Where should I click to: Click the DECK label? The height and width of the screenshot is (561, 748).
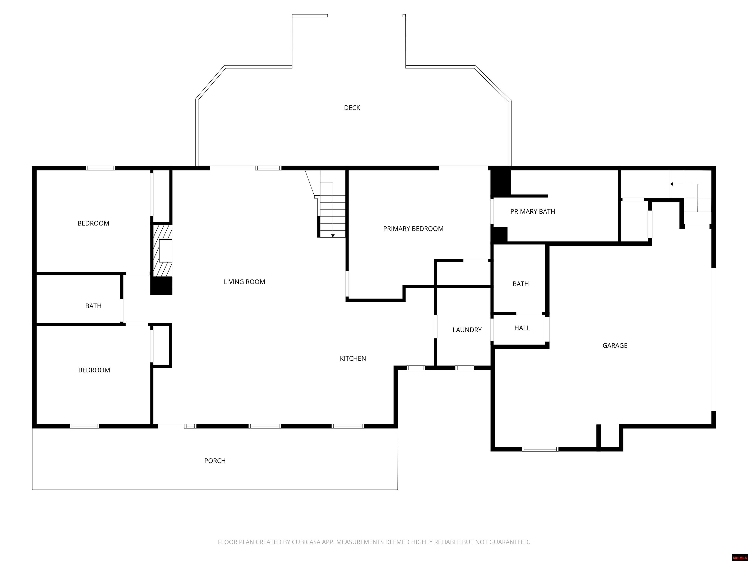352,108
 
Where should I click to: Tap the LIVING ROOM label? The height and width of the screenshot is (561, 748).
244,282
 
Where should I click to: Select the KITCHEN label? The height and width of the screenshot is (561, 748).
353,358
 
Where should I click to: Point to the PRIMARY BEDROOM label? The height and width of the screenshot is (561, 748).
413,229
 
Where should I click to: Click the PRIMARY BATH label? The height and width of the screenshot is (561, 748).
533,211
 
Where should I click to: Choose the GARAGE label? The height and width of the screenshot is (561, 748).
615,345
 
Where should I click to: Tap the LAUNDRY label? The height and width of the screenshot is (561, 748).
467,330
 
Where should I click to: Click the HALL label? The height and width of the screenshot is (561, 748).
522,328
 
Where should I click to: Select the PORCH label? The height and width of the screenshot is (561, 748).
215,461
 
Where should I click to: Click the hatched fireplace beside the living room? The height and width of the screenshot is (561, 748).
162,251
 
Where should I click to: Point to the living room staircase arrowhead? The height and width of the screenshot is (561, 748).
333,236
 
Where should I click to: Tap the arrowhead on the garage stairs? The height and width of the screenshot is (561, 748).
672,184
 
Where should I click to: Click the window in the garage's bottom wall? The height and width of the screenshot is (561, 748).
540,449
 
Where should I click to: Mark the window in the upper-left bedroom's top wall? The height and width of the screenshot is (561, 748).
100,168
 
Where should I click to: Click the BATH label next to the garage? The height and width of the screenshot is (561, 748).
520,284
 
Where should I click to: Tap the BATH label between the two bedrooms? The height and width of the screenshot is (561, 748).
93,306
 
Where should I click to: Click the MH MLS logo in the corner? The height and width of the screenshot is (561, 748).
739,557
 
